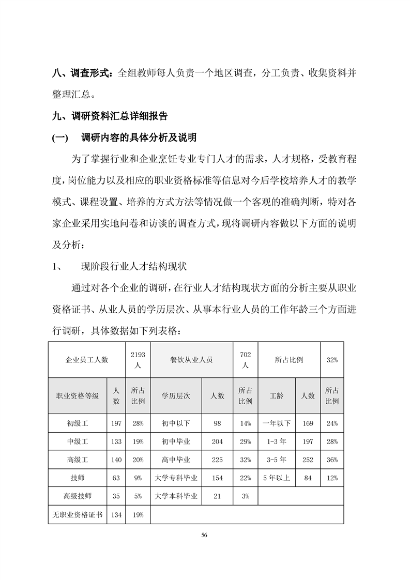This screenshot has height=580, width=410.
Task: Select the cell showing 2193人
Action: click(138, 359)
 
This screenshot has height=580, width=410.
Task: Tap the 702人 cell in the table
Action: click(246, 359)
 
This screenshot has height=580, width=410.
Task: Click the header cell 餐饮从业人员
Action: click(191, 359)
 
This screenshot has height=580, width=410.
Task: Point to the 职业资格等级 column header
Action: click(78, 395)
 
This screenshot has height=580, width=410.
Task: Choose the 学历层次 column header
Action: click(176, 395)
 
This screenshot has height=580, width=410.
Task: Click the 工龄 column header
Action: click(277, 395)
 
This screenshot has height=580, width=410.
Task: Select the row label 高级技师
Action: click(78, 496)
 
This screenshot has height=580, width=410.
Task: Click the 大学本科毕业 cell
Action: click(176, 496)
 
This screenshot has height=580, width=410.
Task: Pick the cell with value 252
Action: click(308, 460)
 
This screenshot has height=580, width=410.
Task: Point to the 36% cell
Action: click(332, 460)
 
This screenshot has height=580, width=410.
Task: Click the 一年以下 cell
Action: click(277, 423)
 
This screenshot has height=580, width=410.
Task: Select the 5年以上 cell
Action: click(277, 478)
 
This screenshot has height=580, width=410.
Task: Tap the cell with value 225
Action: click(217, 460)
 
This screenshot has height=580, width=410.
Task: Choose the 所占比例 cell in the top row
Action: click(289, 359)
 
